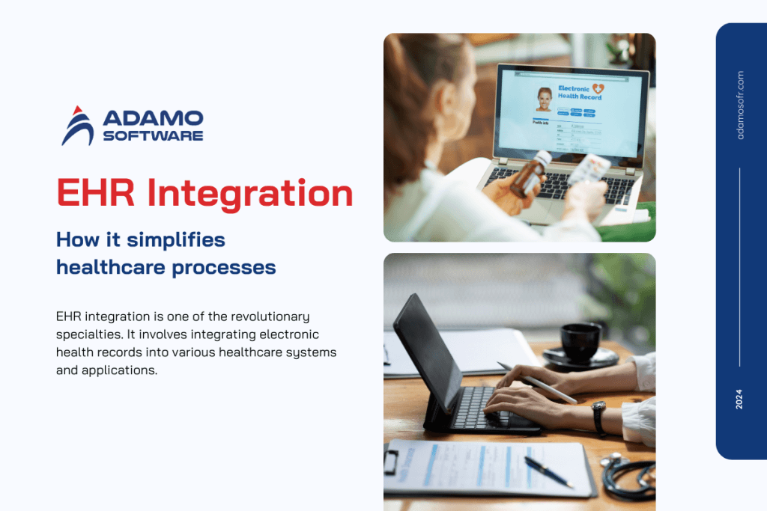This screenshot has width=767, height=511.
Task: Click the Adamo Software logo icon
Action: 78,126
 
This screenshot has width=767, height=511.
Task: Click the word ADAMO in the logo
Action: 153,118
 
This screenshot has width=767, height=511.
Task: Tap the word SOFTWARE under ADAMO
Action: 153,136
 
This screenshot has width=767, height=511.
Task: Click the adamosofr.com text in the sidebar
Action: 740,105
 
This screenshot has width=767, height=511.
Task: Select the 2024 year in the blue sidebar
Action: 740,399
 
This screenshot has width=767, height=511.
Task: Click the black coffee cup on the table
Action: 580,341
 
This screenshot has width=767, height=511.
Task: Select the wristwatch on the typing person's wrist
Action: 598,416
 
